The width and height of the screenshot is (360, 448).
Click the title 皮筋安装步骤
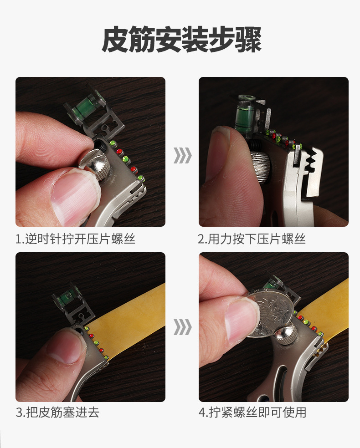tap(181, 40)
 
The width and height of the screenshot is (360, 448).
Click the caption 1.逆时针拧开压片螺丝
tap(75, 239)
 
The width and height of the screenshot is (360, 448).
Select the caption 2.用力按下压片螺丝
tap(252, 239)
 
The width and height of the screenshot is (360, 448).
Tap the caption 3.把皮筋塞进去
tap(57, 412)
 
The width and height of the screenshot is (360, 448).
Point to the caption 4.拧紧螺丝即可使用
tap(252, 412)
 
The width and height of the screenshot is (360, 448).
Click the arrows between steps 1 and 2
tap(182, 155)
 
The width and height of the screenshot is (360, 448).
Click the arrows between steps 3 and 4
tap(182, 327)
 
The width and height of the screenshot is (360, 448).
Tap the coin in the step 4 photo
tap(270, 313)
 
